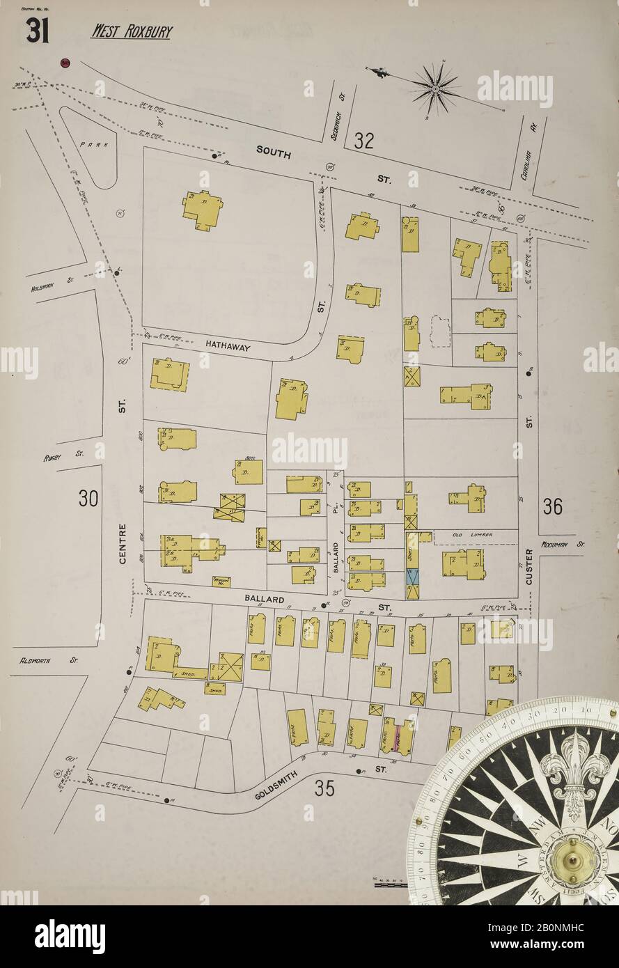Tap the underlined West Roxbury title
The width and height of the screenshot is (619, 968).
click(131, 31)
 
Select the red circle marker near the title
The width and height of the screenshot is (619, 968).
click(65, 63)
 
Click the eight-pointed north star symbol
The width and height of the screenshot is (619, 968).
click(435, 88)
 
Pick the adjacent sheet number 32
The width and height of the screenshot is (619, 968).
click(363, 141)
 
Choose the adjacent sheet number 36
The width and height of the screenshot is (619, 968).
click(552, 507)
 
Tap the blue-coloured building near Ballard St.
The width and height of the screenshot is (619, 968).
click(412, 577)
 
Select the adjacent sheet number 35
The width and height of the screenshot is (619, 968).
click(324, 788)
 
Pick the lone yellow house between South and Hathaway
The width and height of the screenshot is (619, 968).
click(203, 210)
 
